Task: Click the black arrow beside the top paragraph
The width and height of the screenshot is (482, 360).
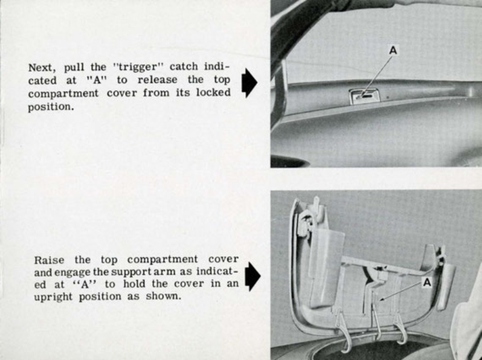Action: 249,83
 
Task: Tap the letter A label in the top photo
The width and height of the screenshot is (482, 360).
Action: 393,51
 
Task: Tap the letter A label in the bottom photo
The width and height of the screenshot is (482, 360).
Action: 427,282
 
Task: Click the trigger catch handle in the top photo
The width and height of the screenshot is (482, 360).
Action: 363,95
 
